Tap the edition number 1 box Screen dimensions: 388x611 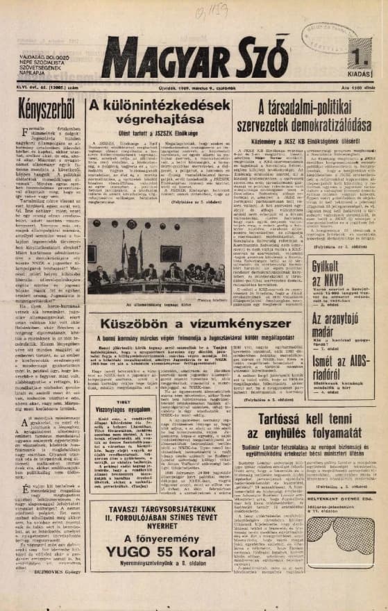[358, 56]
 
